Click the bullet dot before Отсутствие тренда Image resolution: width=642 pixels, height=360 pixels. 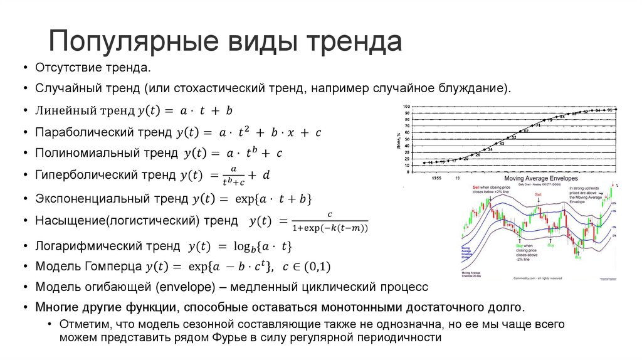pyautogui.click(x=24, y=68)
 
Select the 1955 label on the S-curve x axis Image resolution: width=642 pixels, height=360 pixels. pyautogui.click(x=436, y=177)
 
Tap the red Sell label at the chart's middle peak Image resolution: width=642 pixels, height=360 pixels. pyautogui.click(x=538, y=195)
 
